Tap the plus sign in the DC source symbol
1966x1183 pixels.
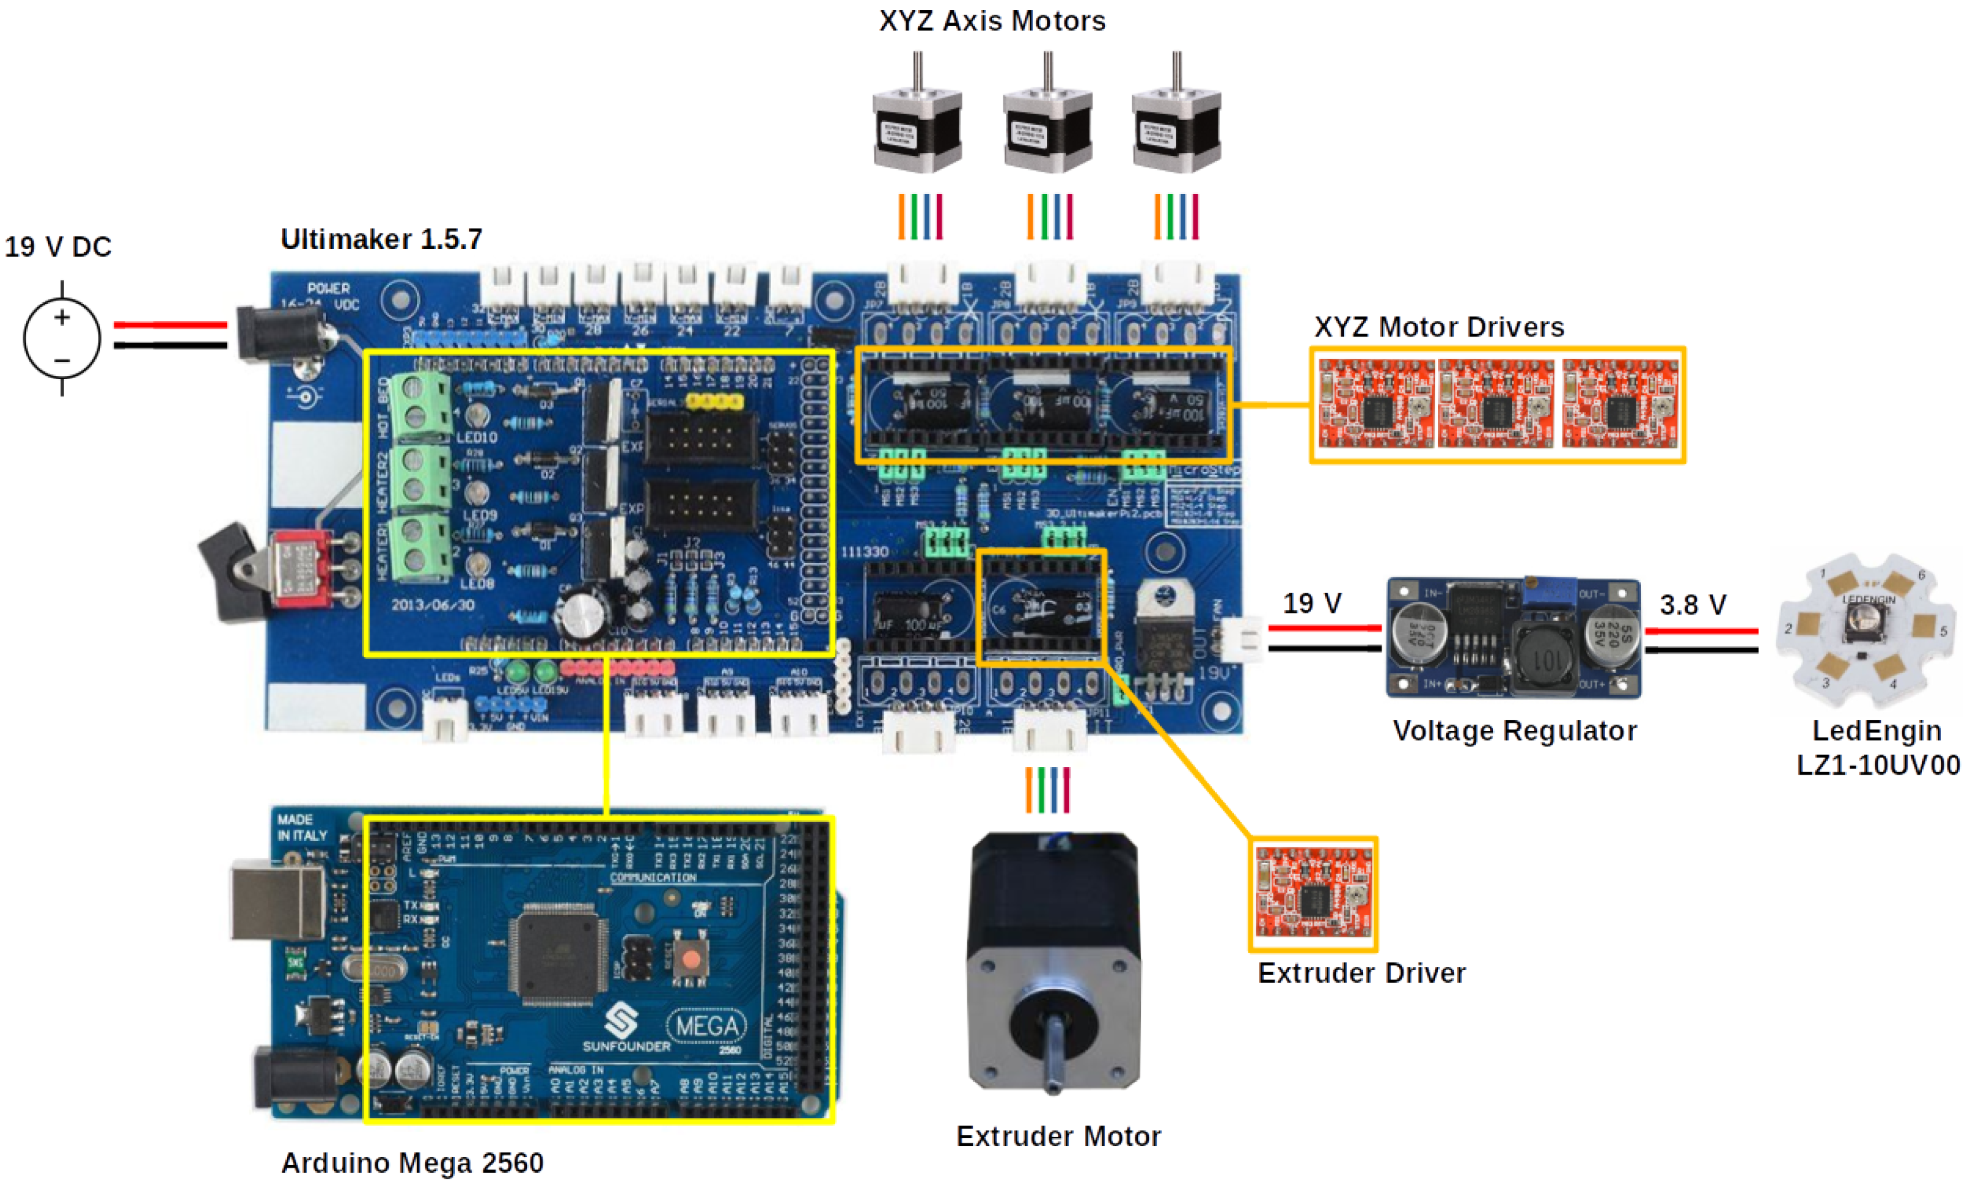[x=62, y=318]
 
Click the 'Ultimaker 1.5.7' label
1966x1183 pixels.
[x=381, y=239]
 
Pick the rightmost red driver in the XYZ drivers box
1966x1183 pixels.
[x=1620, y=404]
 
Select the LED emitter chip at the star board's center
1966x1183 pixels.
[x=1863, y=622]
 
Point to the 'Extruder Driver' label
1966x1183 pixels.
[x=1361, y=973]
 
